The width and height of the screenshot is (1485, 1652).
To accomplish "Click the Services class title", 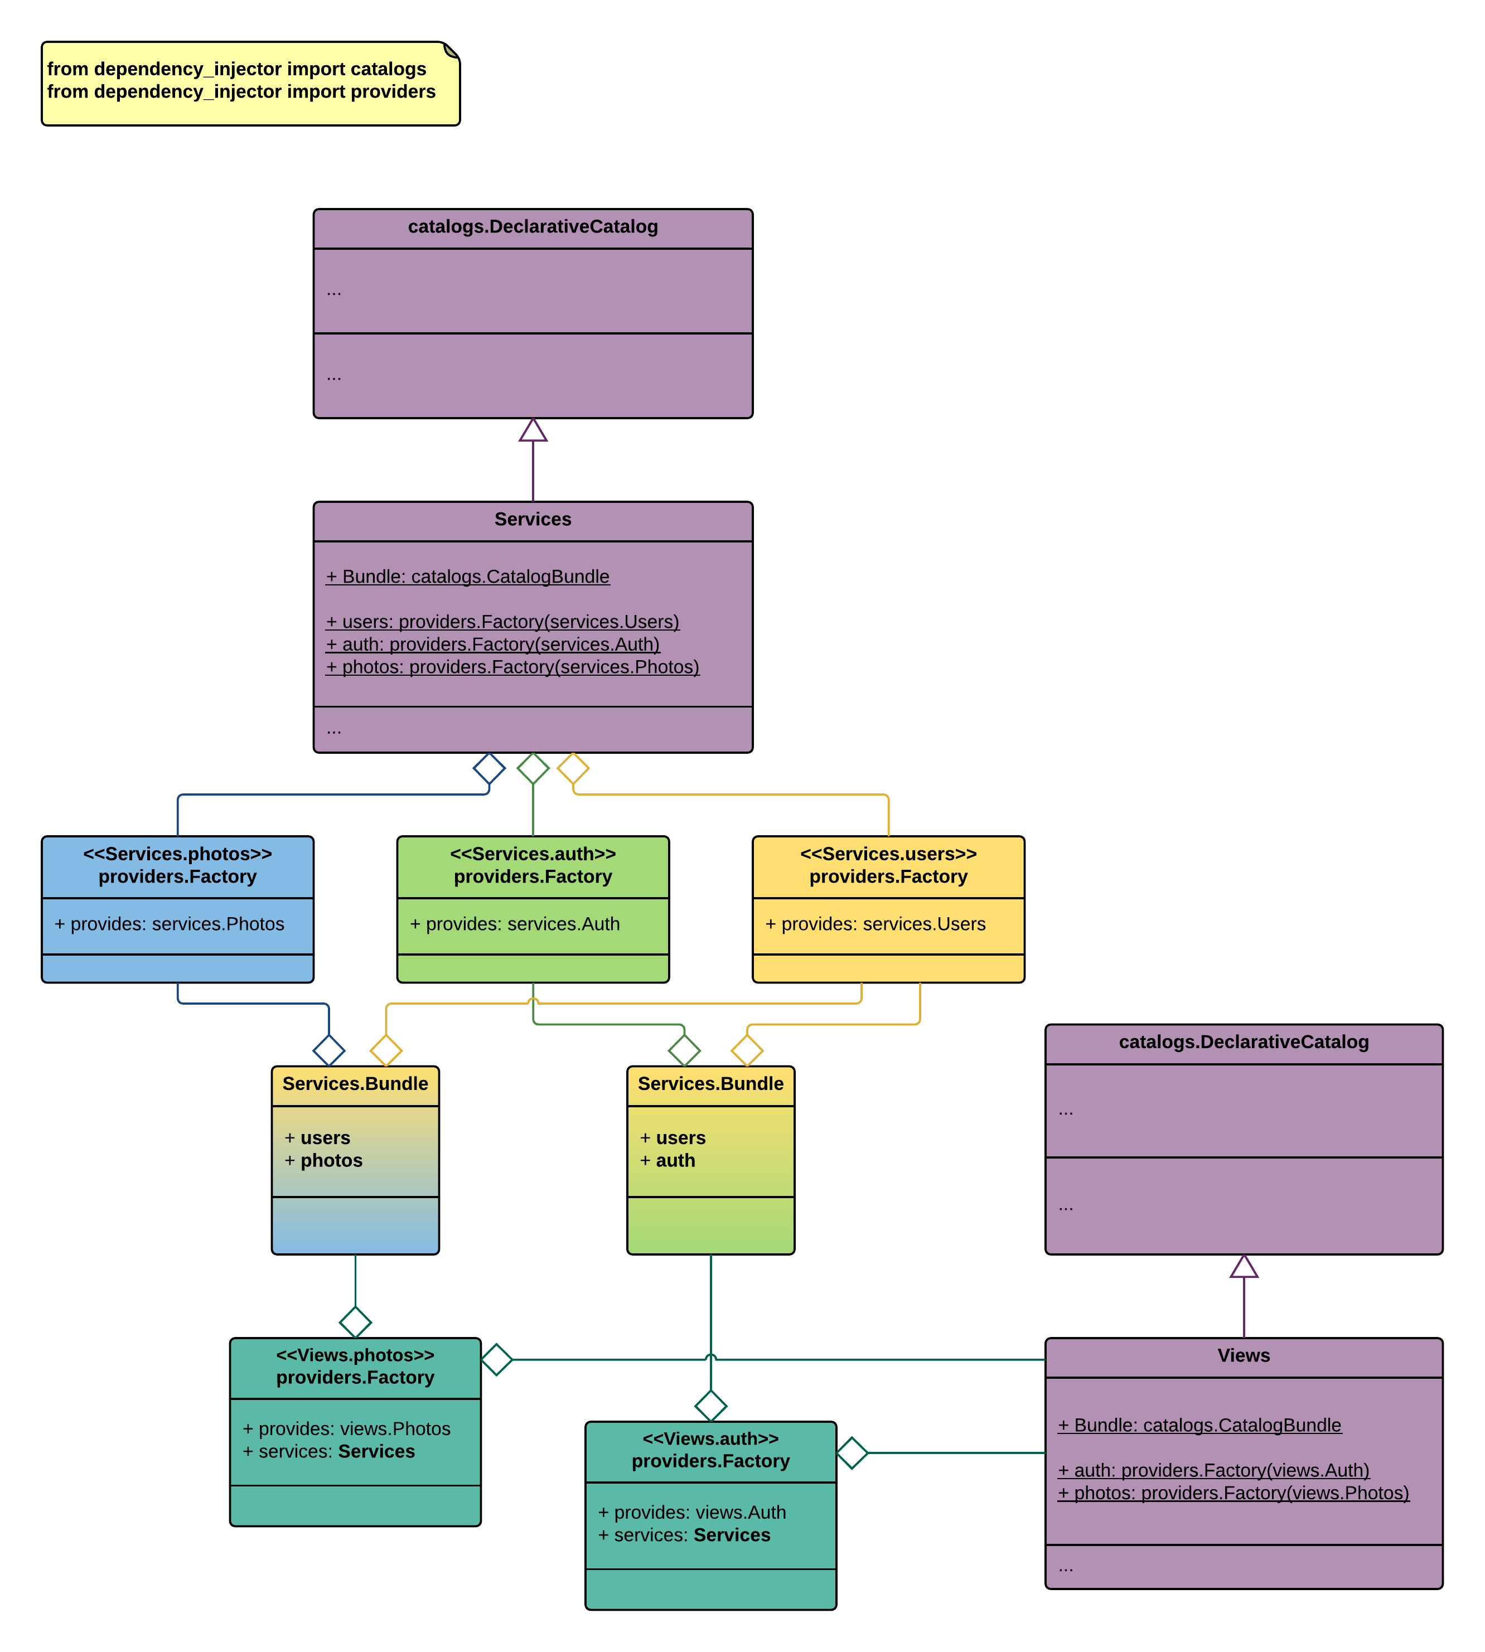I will (533, 520).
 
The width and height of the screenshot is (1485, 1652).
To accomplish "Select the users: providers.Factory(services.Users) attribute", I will (502, 622).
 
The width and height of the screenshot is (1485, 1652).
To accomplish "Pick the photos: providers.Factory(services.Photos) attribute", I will (512, 667).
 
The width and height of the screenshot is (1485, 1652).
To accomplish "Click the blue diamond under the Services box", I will (488, 768).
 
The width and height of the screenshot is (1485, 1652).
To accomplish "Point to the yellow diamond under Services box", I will (573, 768).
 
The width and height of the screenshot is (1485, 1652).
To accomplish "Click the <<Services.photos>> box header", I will (177, 865).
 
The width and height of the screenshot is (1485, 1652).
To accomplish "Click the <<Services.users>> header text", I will (888, 854).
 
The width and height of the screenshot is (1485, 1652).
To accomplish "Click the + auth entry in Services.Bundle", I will (667, 1161).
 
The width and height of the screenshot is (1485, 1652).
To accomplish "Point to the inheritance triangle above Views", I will (1244, 1267).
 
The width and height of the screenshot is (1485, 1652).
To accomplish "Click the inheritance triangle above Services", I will (533, 431).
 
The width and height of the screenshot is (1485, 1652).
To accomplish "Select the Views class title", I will (1244, 1356).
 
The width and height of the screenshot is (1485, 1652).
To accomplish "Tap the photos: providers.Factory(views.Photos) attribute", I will (1233, 1493).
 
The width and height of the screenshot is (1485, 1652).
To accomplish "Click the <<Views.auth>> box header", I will (710, 1450).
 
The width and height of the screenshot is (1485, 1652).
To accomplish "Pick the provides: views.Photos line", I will (347, 1430).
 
